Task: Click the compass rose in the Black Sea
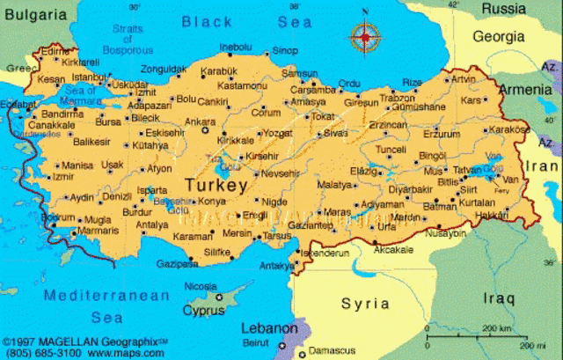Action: tap(364, 37)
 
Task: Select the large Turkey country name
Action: tap(216, 186)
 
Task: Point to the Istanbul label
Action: tap(88, 77)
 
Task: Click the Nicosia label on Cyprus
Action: tap(200, 286)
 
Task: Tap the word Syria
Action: tap(365, 304)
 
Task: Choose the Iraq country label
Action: tap(497, 299)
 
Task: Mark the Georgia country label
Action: tap(499, 37)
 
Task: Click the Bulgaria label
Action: tap(33, 15)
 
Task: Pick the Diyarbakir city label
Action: tap(411, 188)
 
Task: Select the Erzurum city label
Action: tap(442, 134)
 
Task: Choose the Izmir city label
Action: tap(63, 176)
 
